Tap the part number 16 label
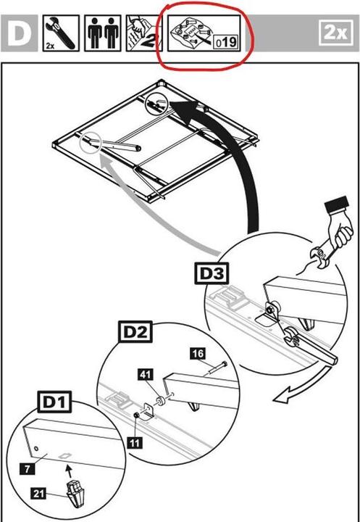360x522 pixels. click(196, 353)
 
